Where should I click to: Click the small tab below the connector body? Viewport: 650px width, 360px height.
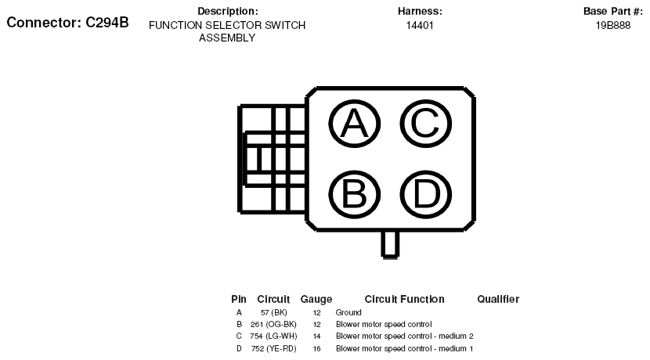click(383, 244)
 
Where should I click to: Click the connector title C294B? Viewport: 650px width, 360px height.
click(67, 23)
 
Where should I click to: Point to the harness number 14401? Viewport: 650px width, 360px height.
click(420, 25)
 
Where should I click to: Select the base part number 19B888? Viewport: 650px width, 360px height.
click(612, 25)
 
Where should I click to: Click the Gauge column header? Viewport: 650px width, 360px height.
click(316, 299)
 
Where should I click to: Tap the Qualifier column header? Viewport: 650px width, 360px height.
click(498, 299)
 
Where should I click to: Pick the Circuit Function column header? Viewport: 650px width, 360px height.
click(404, 299)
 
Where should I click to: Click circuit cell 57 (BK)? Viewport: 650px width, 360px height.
click(273, 312)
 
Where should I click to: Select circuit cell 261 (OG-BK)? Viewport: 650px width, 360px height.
click(273, 324)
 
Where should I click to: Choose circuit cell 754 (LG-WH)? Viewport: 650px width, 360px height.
click(273, 336)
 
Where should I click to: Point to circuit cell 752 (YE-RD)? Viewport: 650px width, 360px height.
click(273, 348)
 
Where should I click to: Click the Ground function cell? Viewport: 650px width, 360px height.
click(348, 312)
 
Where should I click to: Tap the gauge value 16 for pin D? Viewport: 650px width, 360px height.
click(316, 348)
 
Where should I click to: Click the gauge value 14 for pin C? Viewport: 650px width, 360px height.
click(316, 336)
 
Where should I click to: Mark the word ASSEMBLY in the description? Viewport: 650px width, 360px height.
click(227, 38)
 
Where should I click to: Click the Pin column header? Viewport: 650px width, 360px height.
click(239, 299)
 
